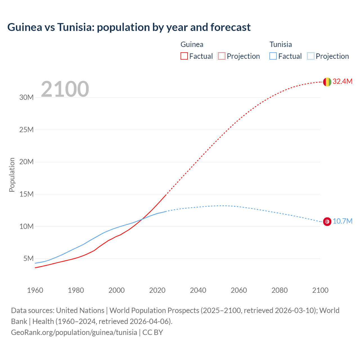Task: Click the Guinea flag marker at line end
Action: click(327, 82)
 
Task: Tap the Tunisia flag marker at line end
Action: click(327, 222)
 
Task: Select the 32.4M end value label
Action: click(342, 82)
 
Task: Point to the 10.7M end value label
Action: click(342, 221)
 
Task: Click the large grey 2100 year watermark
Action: click(65, 89)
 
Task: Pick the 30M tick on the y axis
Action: click(26, 98)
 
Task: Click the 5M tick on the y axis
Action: click(28, 258)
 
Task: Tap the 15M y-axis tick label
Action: click(26, 194)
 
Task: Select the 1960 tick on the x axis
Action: click(35, 290)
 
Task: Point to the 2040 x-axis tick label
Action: click(198, 290)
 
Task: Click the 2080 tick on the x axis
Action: click(280, 290)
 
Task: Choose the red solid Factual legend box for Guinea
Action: click(184, 56)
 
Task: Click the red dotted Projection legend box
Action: click(222, 56)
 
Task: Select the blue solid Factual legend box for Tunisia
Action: click(273, 56)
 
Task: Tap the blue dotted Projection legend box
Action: click(311, 56)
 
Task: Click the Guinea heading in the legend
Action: click(192, 44)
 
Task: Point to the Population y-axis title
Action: click(12, 175)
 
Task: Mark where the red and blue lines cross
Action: click(142, 219)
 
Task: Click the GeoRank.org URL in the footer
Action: click(74, 332)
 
